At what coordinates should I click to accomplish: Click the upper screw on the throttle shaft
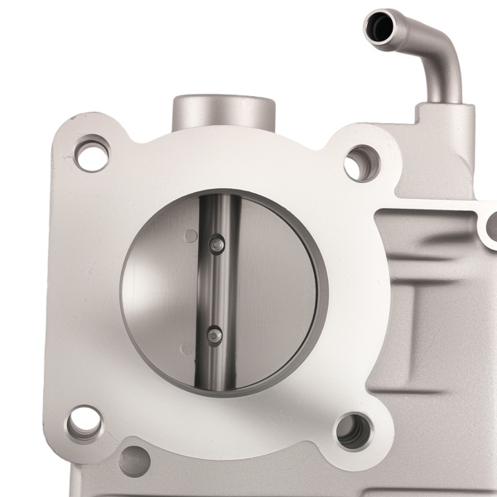pyautogui.click(x=217, y=243)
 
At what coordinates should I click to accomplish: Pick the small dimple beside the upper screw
pyautogui.click(x=192, y=236)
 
